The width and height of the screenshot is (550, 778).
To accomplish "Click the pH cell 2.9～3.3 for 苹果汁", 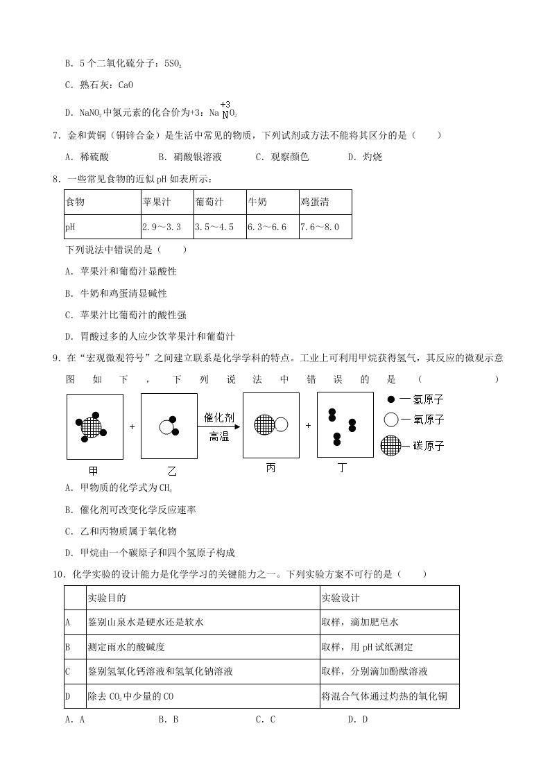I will tap(162, 227).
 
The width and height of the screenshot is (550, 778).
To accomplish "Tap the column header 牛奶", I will tap(257, 202).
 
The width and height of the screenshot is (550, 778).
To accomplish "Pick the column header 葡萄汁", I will tap(209, 202).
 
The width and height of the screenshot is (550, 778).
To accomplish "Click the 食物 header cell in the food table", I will tap(75, 202).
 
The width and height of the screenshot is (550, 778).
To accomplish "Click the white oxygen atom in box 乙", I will tap(165, 427).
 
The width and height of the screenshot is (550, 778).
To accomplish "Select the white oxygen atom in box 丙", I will tap(282, 424).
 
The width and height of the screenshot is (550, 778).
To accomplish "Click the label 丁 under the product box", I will tap(341, 468).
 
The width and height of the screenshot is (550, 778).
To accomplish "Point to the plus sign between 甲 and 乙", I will tap(132, 426).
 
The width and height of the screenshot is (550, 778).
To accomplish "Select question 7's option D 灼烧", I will tap(365, 157).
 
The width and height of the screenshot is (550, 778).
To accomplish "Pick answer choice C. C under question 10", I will tap(266, 720).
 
